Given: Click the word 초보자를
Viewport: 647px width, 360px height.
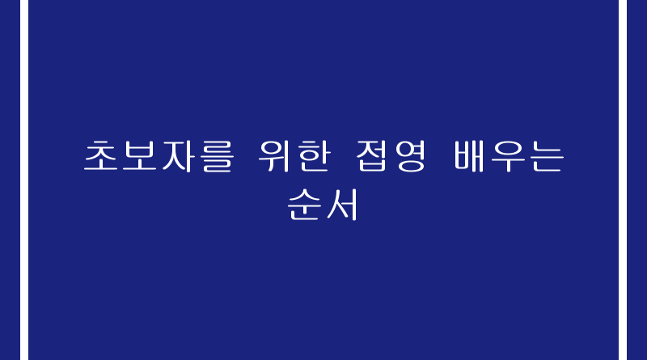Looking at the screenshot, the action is coord(159,156).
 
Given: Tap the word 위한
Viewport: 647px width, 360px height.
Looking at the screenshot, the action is coord(294,156).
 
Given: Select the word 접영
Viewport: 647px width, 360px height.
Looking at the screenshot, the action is coord(391,156).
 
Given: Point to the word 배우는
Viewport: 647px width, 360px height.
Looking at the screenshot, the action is coord(510,156).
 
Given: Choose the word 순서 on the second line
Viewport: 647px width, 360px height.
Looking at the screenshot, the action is coord(322,205).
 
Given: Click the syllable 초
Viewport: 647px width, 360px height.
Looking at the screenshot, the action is coord(100,155).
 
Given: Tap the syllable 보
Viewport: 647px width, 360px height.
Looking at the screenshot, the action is coord(139,155).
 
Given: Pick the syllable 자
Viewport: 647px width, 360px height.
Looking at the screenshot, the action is coord(178,156).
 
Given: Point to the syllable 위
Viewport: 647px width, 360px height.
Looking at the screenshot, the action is coord(274,156).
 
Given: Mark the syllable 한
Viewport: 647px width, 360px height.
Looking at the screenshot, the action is coord(313,156).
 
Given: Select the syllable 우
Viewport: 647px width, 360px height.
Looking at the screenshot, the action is coord(509,156).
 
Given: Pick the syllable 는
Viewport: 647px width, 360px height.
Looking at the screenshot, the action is coord(548,156).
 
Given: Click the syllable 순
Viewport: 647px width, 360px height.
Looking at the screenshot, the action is coord(305,205).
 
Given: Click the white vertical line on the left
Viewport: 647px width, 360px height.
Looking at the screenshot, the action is coord(24,180).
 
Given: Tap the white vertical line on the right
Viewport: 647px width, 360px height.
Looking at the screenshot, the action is coord(623,180).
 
